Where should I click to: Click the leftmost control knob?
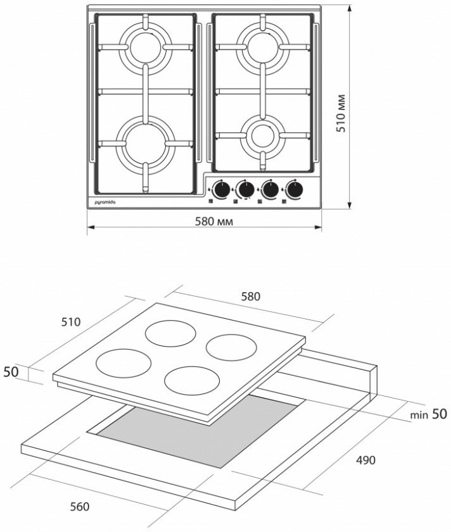coord(221,189)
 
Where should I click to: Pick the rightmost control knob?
coord(294,189)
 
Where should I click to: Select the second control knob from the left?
coord(245,189)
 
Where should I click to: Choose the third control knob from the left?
coord(270,189)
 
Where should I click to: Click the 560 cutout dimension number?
coord(80,506)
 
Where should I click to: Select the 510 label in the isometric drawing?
coord(71,321)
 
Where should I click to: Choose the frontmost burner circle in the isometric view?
coord(191,380)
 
